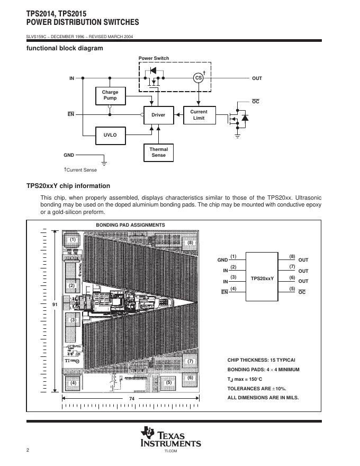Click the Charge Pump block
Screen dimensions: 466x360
tap(110, 95)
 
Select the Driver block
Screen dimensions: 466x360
tap(158, 115)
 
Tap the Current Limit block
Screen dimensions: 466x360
tap(199, 115)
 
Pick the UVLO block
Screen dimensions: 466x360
tap(110, 135)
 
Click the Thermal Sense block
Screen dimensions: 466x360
tap(158, 153)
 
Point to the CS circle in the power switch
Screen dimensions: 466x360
tap(199, 78)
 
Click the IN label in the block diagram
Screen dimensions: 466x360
tap(71, 78)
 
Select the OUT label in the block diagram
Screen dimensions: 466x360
tap(257, 78)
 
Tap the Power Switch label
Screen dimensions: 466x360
tap(154, 58)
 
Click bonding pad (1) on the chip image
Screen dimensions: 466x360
tap(73, 240)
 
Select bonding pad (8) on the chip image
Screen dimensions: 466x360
tap(191, 242)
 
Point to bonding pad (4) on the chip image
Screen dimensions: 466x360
tap(73, 382)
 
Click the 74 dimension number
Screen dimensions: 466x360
tap(132, 398)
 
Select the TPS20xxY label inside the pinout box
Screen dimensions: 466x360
tap(262, 277)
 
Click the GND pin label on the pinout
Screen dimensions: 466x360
tap(222, 260)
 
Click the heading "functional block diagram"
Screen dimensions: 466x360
tap(65, 48)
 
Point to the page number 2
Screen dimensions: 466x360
tap(28, 450)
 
